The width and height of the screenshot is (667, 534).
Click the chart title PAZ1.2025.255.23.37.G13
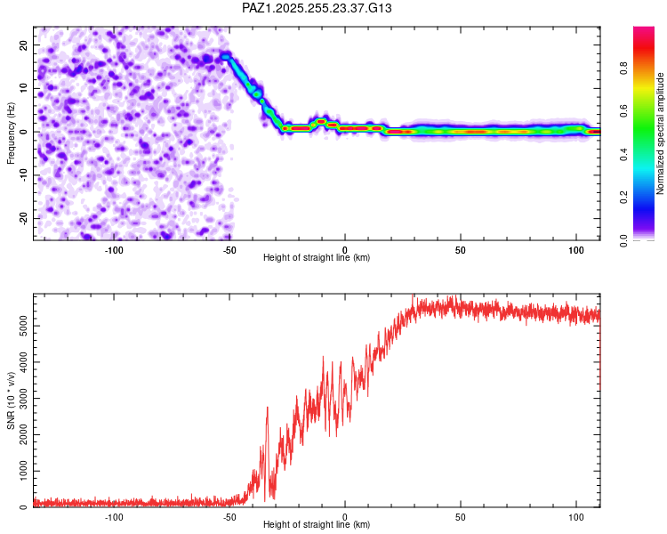click(317, 8)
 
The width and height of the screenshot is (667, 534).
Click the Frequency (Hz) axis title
click(12, 133)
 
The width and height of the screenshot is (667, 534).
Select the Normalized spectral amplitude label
click(661, 133)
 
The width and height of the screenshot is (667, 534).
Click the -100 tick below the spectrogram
click(114, 249)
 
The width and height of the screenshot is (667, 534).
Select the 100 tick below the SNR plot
click(575, 516)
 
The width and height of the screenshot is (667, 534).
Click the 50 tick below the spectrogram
click(460, 249)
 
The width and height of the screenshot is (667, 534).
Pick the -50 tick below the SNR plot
click(229, 516)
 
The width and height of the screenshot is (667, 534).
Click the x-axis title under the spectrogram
click(317, 257)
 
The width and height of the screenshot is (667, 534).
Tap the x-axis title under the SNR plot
click(317, 524)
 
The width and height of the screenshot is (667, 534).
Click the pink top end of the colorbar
click(644, 31)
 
